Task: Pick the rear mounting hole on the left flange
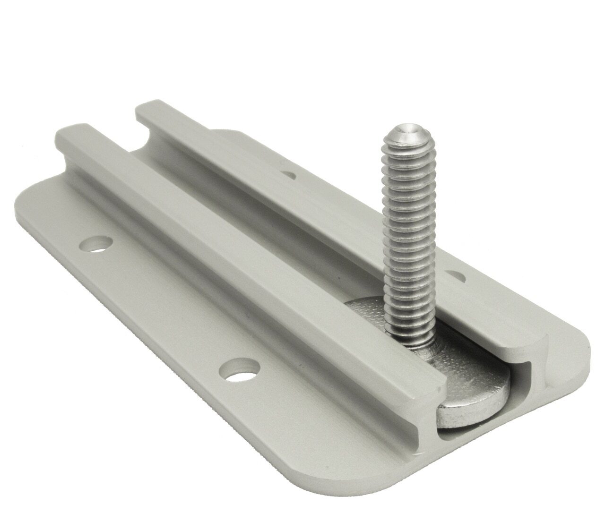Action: point(96,244)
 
